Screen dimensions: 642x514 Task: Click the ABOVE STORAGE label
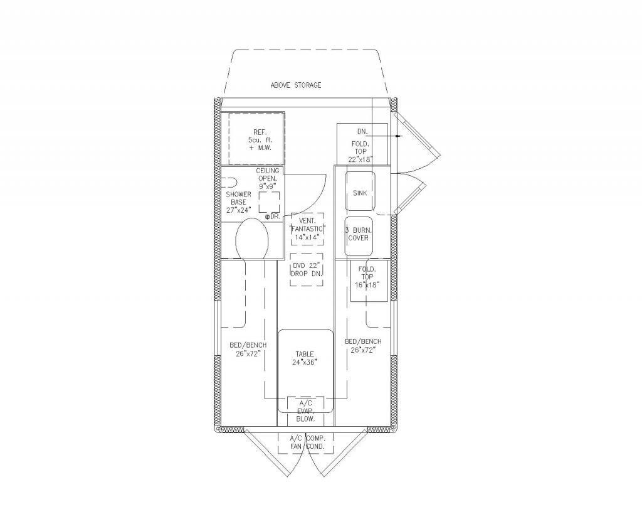click(296, 85)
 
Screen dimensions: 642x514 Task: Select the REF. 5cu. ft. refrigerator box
click(256, 139)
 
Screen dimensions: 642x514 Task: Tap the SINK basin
click(360, 191)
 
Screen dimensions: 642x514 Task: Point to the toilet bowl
click(252, 238)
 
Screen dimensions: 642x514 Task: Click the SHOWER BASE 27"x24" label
click(238, 201)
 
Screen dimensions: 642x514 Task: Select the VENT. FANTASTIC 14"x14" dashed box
click(307, 228)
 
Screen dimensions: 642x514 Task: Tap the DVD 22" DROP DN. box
click(306, 269)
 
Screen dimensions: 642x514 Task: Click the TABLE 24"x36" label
click(305, 358)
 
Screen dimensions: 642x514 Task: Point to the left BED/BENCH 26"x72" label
click(248, 350)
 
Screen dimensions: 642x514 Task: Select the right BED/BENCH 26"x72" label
click(363, 346)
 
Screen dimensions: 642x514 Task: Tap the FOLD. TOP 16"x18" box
click(369, 281)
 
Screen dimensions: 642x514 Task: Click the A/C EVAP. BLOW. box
click(305, 411)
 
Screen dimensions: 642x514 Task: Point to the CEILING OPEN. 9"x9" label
click(267, 178)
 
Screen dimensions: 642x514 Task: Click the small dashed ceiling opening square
click(269, 202)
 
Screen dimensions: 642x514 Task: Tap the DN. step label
click(362, 132)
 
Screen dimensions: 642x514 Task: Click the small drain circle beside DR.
click(267, 217)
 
